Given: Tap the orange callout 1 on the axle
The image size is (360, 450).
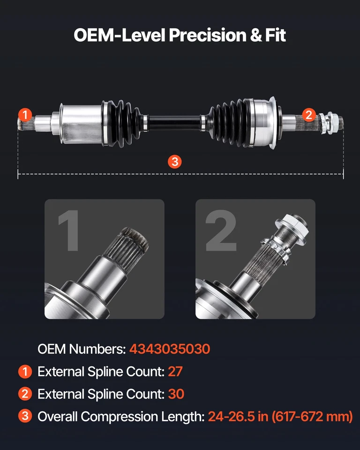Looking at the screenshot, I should (25, 115).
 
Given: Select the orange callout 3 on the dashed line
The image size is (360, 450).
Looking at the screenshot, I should (174, 162).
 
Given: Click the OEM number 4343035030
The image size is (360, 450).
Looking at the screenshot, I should (170, 349).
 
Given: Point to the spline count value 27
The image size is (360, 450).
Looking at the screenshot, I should (175, 372).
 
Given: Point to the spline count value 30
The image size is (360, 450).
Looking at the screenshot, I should (176, 394).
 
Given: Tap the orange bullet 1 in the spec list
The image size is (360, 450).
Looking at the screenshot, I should (24, 372).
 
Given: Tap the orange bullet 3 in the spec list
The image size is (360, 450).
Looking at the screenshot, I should (24, 416).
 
